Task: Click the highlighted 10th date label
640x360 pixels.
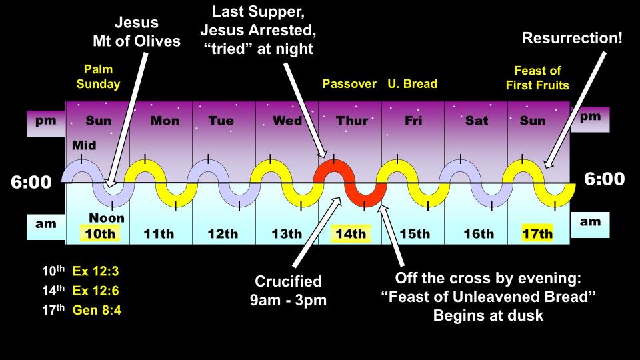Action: click(x=100, y=233)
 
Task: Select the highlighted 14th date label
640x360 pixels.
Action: click(x=351, y=233)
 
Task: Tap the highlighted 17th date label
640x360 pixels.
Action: click(x=537, y=233)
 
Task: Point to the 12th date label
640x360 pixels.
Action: click(x=223, y=234)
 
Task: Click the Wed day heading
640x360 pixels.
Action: click(x=287, y=121)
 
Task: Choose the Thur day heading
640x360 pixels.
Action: click(x=352, y=121)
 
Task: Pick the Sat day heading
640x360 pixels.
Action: click(x=477, y=121)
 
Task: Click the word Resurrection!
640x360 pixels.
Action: click(x=572, y=38)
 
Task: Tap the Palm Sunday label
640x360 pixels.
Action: click(x=99, y=77)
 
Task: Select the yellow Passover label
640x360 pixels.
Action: click(x=349, y=84)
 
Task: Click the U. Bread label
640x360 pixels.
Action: click(x=412, y=84)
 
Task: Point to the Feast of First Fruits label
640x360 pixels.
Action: click(x=537, y=78)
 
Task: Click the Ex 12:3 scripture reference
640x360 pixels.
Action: click(x=95, y=271)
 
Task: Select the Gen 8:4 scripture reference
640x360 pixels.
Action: click(x=97, y=310)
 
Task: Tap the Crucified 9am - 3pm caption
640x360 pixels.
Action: click(x=288, y=291)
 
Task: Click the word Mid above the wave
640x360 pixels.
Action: click(x=84, y=145)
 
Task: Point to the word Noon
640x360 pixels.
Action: click(x=107, y=218)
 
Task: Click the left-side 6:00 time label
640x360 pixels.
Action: click(x=31, y=182)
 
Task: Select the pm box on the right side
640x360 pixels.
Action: click(x=590, y=119)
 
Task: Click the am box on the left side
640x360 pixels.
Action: click(x=46, y=226)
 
